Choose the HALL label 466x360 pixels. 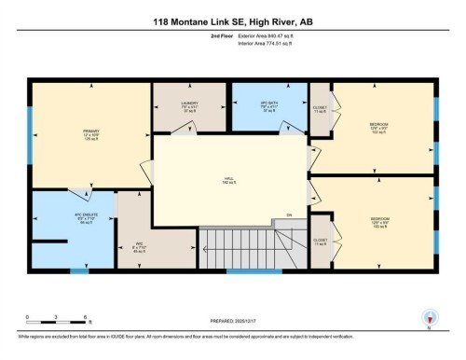coord(227,180)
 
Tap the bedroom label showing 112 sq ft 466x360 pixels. coord(378,128)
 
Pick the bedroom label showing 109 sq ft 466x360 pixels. coord(378,223)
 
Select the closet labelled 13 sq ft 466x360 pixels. coord(320,242)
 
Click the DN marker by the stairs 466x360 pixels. coord(289,215)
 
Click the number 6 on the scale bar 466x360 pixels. coord(86,316)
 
